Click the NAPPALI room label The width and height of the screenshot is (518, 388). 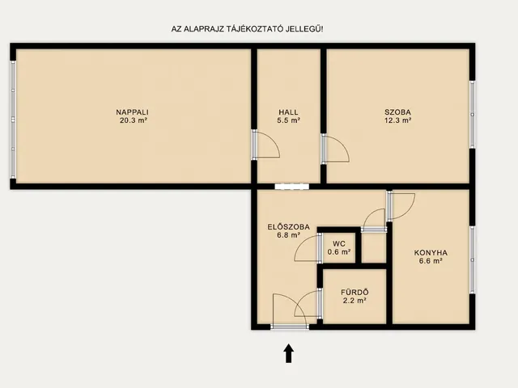132,112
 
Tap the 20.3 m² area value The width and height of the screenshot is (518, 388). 134,120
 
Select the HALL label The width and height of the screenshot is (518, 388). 288,112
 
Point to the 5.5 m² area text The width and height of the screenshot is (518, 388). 288,120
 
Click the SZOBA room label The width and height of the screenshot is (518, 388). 397,112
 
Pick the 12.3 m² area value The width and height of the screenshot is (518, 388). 397,120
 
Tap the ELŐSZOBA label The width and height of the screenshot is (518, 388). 288,227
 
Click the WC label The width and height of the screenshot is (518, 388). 339,244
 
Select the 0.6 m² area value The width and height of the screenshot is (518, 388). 339,252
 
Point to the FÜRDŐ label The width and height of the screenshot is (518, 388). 355,293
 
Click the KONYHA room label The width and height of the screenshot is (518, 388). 431,253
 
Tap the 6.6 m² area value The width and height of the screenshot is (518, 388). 431,261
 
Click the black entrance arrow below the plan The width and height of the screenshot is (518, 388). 289,353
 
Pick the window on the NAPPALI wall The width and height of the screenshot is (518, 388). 13,120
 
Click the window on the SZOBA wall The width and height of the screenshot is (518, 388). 473,115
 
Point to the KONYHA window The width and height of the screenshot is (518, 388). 473,260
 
